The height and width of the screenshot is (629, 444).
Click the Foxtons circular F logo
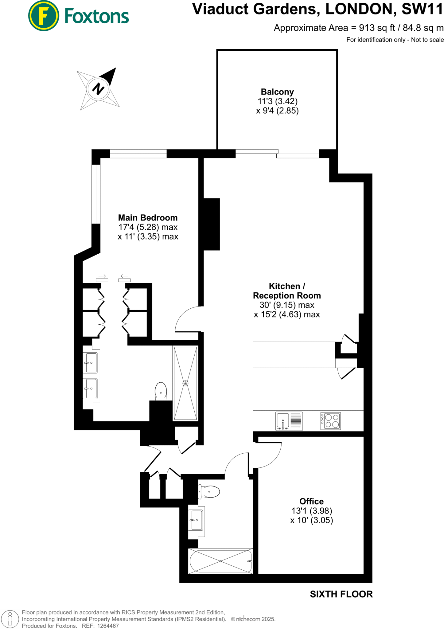44,16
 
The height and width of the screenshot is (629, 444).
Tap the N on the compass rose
98,89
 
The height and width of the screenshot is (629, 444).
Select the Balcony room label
277,92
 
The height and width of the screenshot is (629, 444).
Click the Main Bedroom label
148,218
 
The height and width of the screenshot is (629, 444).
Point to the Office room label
311,501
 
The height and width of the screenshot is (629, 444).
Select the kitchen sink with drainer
289,421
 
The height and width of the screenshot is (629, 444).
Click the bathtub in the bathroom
221,561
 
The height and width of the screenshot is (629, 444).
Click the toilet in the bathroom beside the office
210,492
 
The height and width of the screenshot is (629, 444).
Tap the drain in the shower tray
185,383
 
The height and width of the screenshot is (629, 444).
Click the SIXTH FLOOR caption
341,594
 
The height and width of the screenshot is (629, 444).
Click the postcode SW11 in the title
422,9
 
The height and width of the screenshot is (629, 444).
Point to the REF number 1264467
108,626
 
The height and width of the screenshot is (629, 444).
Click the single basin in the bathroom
196,520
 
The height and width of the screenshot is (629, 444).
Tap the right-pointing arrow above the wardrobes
102,276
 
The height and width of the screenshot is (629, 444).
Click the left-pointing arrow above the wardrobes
124,276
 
